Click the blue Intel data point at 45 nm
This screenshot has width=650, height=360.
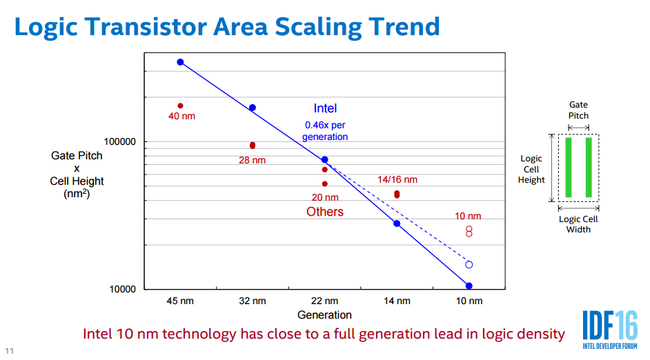point(180,62)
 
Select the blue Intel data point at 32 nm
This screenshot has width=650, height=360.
point(253,108)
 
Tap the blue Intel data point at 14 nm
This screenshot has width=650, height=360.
point(397,223)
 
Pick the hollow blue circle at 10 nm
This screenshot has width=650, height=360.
point(469,265)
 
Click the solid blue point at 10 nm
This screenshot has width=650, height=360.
point(469,286)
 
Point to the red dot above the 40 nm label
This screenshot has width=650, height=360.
point(180,106)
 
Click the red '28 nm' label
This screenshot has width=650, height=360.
point(252,160)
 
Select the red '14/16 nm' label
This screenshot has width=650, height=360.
point(397,180)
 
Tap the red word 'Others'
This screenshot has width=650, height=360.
point(325,212)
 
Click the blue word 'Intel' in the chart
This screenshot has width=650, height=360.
point(325,108)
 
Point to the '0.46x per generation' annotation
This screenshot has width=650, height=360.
point(325,131)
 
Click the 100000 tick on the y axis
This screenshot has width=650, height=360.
point(120,141)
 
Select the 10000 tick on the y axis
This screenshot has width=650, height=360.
point(122,289)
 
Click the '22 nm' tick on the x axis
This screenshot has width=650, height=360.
point(324,301)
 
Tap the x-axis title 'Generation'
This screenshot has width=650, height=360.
point(324,315)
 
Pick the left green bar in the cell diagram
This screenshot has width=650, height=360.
point(569,168)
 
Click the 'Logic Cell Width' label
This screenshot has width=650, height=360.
point(578,224)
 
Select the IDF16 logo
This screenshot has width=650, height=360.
point(610,330)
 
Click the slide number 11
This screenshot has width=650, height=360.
point(9,351)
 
